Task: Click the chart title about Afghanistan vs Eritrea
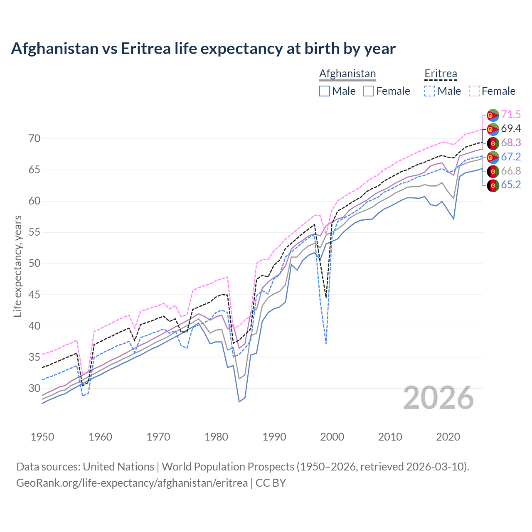click(x=203, y=49)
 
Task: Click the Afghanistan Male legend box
click(x=325, y=91)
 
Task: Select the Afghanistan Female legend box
click(x=369, y=91)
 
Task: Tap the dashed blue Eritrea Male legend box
click(x=430, y=91)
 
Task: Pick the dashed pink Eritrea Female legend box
click(x=474, y=91)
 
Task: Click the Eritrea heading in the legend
click(x=441, y=74)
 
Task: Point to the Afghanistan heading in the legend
click(x=347, y=74)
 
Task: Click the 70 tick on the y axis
click(x=34, y=138)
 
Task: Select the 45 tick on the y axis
click(x=34, y=295)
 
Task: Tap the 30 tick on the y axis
click(x=34, y=388)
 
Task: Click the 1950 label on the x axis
click(x=42, y=437)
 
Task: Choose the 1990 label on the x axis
click(x=274, y=437)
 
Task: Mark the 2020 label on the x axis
click(x=448, y=437)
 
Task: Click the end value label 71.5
click(x=511, y=114)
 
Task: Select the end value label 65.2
click(x=511, y=185)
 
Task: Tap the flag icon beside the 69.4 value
click(x=493, y=129)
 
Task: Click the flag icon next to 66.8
click(x=493, y=171)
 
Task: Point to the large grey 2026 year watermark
click(x=438, y=398)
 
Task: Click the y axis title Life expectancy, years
click(x=18, y=266)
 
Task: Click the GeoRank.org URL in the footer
click(x=132, y=483)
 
